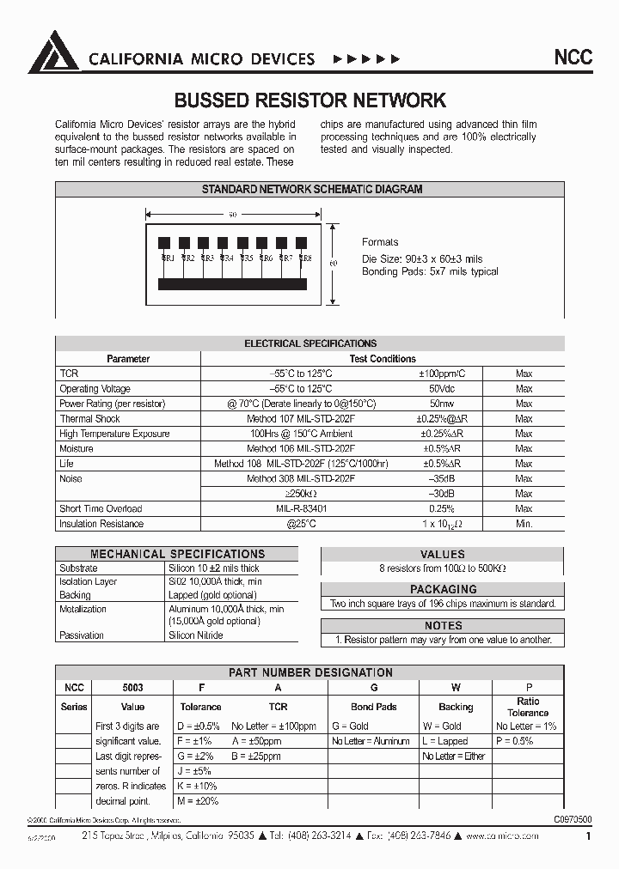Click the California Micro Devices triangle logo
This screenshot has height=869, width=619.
[54, 52]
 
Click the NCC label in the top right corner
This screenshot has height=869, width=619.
[572, 58]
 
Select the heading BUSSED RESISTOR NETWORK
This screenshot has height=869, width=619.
[310, 100]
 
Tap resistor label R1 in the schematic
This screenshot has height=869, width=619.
[168, 258]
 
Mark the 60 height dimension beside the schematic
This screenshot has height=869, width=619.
[334, 262]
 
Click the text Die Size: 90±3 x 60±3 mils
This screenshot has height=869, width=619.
[423, 258]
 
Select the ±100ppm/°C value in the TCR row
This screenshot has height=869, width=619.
[444, 374]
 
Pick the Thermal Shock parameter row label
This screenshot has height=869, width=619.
[89, 419]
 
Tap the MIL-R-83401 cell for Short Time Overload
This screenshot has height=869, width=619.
[301, 509]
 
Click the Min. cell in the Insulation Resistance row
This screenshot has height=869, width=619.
[524, 524]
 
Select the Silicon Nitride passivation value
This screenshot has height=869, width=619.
[196, 635]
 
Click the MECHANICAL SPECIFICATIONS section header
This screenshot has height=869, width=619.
[177, 554]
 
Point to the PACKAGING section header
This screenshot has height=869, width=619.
[443, 589]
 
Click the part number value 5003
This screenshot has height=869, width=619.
[132, 688]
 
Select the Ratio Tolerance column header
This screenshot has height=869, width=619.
[528, 707]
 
